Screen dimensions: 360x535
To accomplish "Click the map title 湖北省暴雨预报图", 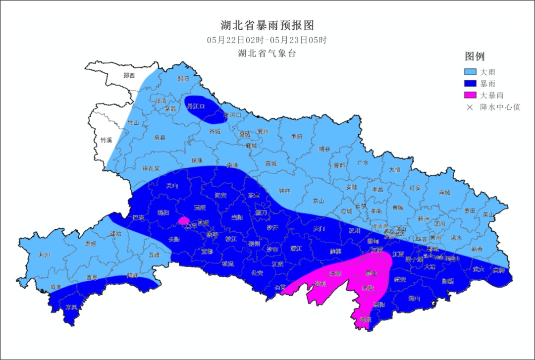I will (267, 25).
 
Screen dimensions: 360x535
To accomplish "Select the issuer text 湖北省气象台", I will (267, 53).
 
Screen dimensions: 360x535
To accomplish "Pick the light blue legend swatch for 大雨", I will (470, 72).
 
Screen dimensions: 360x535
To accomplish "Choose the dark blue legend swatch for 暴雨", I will (470, 84).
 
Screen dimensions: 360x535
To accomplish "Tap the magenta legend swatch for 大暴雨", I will (470, 95).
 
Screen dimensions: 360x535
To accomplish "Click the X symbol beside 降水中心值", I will (470, 106).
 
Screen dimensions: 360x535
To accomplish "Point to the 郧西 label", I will (129, 76).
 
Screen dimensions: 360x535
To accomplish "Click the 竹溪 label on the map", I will (106, 140).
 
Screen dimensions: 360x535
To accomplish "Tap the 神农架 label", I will (150, 168).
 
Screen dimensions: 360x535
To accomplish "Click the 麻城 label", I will (444, 193).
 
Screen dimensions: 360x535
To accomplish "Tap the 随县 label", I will (324, 149).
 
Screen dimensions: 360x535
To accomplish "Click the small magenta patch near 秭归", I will (184, 220).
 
